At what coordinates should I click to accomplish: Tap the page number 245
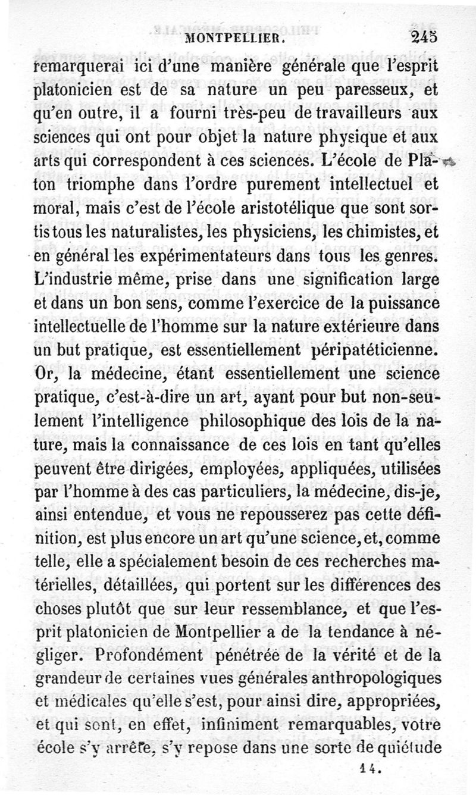click(x=425, y=39)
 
